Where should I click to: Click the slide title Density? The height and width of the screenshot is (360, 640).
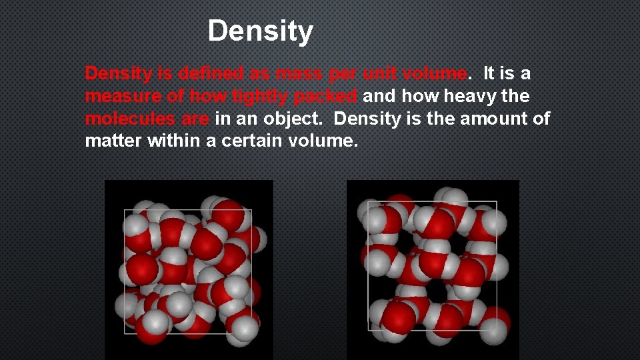(x=260, y=31)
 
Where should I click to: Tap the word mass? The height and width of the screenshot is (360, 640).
(x=298, y=73)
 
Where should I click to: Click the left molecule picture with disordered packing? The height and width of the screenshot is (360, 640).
(x=189, y=269)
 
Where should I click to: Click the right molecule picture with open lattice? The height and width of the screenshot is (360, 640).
(x=433, y=269)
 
